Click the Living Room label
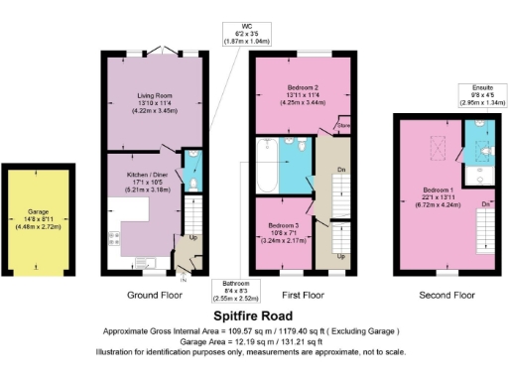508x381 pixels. click(x=153, y=102)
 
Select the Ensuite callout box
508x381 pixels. click(x=480, y=95)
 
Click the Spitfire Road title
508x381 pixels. click(x=254, y=313)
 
